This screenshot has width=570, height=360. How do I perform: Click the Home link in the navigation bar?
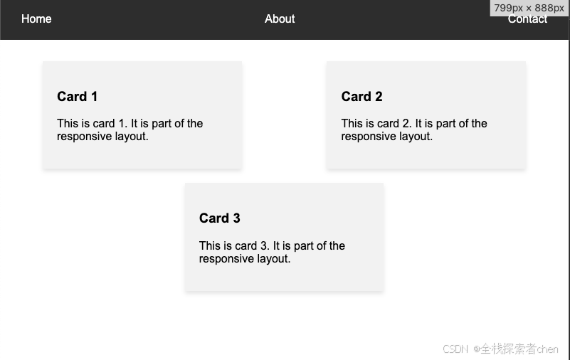(x=36, y=19)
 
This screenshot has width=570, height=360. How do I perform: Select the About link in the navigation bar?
(x=280, y=19)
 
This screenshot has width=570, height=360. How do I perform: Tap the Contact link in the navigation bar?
(x=527, y=19)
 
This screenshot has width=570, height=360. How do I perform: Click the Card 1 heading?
(x=77, y=97)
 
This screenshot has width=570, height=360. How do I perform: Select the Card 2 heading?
(x=361, y=97)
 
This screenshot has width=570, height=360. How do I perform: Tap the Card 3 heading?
(x=220, y=218)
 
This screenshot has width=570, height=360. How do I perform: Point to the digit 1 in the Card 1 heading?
(x=94, y=97)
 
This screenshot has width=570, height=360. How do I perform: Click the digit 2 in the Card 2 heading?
(x=379, y=97)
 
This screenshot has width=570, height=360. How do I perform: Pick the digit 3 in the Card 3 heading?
(x=237, y=218)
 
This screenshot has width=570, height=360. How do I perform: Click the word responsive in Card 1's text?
(x=85, y=137)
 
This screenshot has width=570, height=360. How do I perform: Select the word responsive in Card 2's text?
(x=369, y=137)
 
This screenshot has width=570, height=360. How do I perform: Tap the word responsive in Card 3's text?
(x=226, y=259)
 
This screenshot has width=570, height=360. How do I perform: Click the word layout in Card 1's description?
(x=130, y=137)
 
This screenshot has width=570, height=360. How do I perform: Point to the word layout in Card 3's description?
(x=273, y=259)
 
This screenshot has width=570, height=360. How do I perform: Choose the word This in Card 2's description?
(x=352, y=124)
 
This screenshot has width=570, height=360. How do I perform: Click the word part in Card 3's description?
(x=305, y=246)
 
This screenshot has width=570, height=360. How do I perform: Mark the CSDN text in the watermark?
(x=455, y=349)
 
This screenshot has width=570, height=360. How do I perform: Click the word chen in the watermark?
(x=548, y=349)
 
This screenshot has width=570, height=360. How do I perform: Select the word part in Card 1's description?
(x=162, y=124)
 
